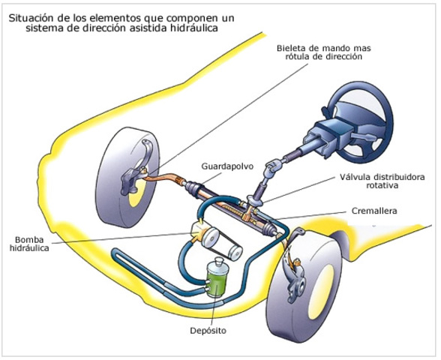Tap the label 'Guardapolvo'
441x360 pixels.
click(223, 164)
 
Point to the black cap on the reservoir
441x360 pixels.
click(218, 263)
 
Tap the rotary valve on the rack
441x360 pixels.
click(253, 201)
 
